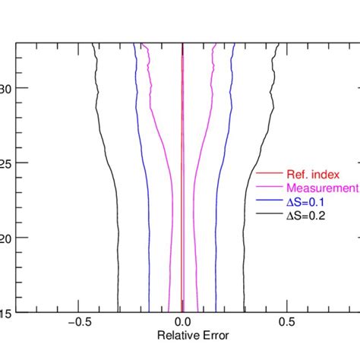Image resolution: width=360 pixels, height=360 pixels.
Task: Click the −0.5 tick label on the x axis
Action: (x=80, y=321)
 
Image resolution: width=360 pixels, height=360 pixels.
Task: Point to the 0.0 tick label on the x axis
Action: (x=182, y=321)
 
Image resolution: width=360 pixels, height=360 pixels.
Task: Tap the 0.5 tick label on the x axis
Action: (x=286, y=321)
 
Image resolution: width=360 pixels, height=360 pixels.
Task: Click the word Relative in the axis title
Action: (x=173, y=335)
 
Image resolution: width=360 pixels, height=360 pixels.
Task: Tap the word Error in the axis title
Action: (x=210, y=335)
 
